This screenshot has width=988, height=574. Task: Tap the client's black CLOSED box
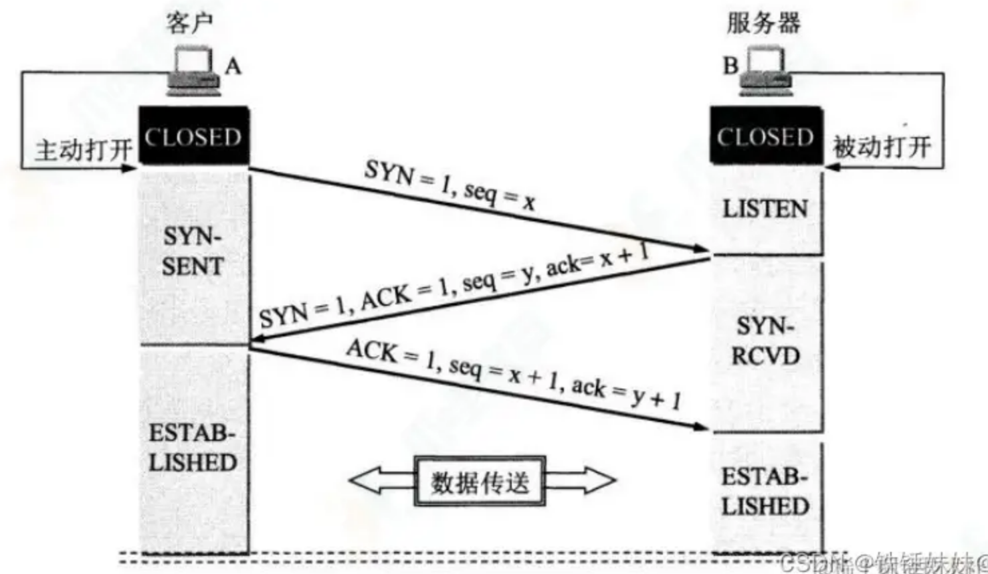click(193, 136)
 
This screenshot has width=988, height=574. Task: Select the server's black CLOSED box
click(766, 136)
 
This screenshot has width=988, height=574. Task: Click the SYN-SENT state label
click(193, 252)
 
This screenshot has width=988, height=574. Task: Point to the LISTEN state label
click(765, 209)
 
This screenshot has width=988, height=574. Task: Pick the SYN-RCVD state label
click(765, 341)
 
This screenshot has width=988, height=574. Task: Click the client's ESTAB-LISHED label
click(193, 448)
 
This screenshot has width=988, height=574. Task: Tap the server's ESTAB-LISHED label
click(765, 492)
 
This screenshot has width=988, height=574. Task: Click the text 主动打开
click(83, 149)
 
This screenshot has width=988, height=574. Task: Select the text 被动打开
click(882, 147)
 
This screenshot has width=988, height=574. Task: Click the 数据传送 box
click(480, 481)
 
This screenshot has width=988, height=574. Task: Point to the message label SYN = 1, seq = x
click(450, 185)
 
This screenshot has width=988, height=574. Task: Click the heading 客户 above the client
click(189, 23)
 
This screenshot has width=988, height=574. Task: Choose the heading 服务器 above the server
click(763, 23)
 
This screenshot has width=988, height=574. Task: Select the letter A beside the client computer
click(233, 66)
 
